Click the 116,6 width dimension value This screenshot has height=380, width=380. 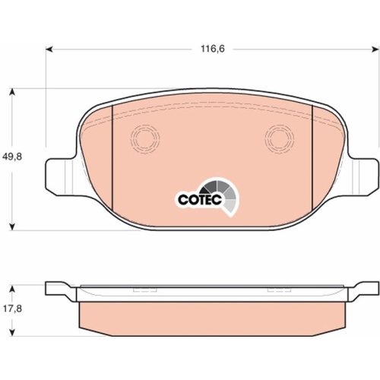213,49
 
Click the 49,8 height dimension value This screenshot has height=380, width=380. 12,157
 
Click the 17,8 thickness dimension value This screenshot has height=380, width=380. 12,309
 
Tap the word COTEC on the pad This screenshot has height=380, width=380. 200,200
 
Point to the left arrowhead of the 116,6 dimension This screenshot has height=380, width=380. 49,49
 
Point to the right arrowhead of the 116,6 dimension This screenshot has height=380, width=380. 375,49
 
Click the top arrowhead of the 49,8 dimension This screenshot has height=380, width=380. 12,92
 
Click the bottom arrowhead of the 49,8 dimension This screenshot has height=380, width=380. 12,227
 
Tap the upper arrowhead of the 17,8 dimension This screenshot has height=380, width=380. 12,289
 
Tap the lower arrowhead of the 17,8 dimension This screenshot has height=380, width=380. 12,332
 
